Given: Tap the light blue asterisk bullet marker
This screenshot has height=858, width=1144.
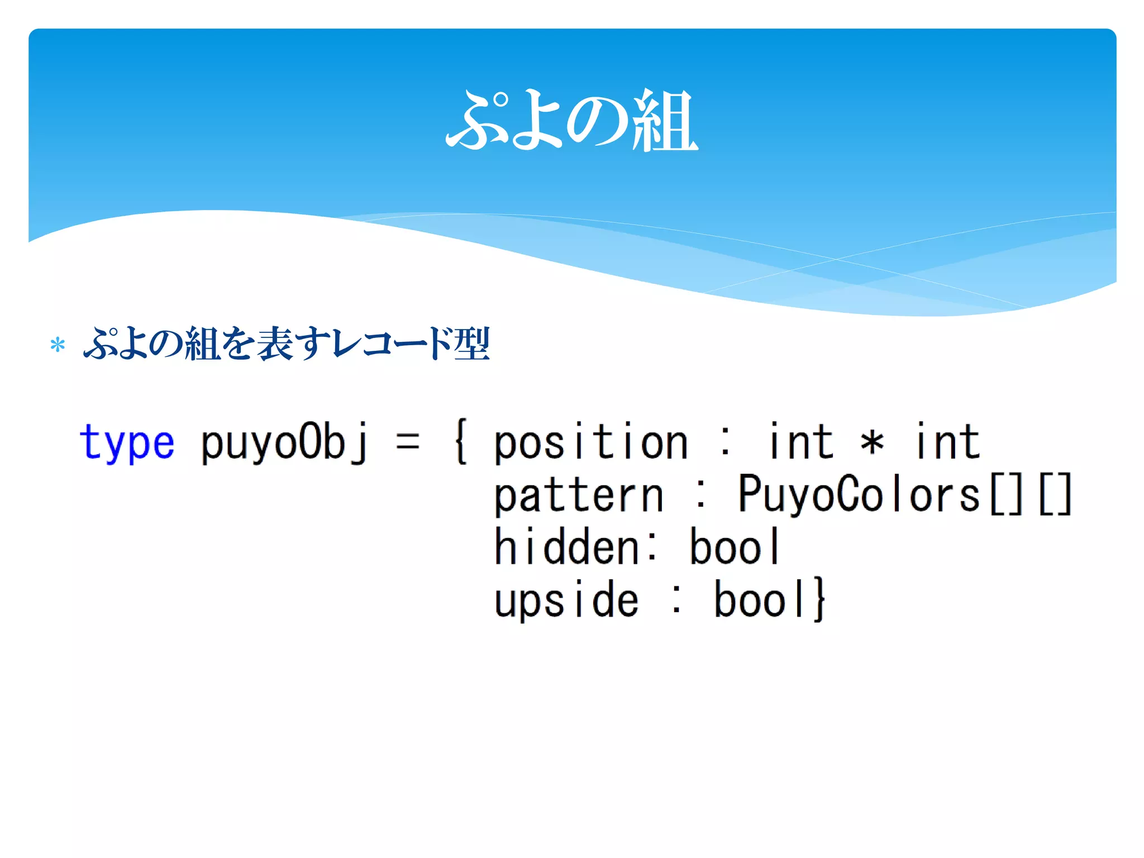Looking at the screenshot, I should pos(58,345).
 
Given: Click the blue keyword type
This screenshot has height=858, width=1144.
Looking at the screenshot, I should pos(127,443).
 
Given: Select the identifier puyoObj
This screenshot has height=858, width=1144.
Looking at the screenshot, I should pos(284,443).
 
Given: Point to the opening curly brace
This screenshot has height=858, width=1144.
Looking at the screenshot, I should pos(461,443).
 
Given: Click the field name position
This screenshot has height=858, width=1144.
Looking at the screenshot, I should pos(590,443).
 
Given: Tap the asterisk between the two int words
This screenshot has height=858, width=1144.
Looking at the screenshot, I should pos(872,443).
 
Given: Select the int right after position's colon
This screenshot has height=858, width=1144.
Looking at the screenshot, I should pos(801,441).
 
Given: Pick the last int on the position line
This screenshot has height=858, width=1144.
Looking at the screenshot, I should pos(948,441).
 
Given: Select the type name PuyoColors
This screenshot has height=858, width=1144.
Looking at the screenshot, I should pos(859,494).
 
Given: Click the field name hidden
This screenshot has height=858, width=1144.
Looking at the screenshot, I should pos(566,546).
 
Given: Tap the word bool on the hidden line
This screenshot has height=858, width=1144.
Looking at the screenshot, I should pos(735,546).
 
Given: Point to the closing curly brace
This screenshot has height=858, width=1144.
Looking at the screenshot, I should pos(819,599).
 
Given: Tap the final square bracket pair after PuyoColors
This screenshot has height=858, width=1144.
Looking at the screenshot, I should pos(1055,494).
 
